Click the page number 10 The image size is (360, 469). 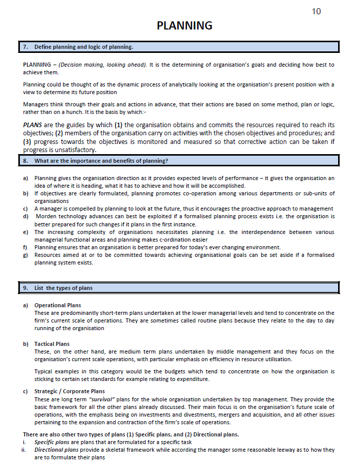pos(316,11)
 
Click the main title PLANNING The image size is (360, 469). pos(184,25)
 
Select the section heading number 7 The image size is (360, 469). pos(25,47)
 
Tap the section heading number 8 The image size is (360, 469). pos(25,161)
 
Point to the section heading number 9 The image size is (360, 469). pos(25,288)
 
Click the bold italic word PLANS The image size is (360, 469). pos(33,125)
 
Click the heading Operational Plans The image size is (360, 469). pos(58,305)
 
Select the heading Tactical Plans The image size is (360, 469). pos(52,344)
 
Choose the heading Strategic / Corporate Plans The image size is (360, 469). pos(69,391)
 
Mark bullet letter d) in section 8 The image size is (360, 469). pos(25,216)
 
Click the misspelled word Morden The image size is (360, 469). pos(46,216)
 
